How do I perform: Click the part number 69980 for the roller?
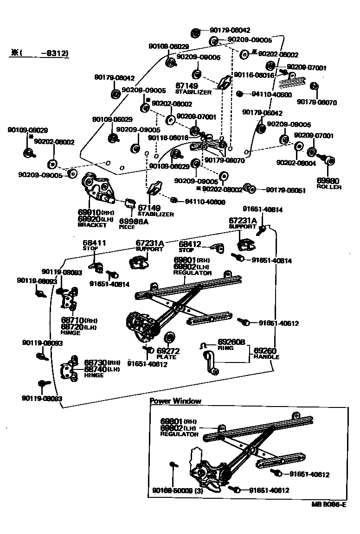[x=328, y=181]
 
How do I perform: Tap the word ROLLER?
[x=329, y=187]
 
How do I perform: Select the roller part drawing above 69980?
[x=330, y=160]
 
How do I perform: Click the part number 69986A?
[x=134, y=221]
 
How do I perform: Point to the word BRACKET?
[x=92, y=225]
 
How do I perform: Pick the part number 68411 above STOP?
[x=94, y=242]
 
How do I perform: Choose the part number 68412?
[x=190, y=243]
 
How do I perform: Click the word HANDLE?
[x=266, y=357]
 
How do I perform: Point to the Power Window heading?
[x=175, y=401]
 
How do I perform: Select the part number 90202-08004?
[x=296, y=163]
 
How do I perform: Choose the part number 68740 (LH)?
[x=95, y=369]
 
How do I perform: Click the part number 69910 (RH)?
[x=89, y=212]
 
